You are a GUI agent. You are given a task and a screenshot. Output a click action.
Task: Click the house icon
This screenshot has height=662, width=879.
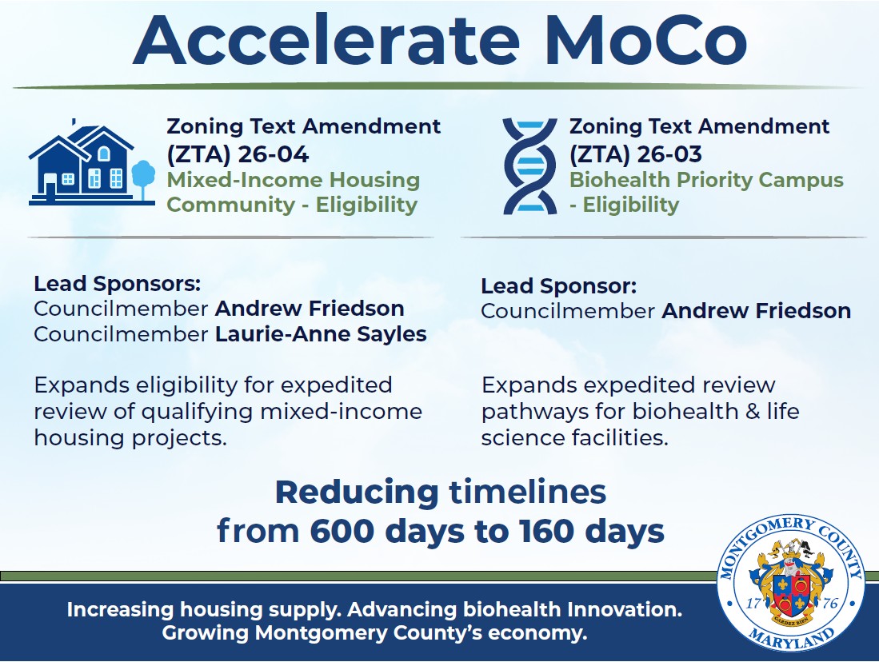[x=81, y=163]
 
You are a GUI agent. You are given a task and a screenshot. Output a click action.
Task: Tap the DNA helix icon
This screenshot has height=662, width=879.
[x=529, y=165]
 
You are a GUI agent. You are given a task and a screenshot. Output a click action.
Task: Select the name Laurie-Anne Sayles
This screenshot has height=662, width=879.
[x=321, y=334]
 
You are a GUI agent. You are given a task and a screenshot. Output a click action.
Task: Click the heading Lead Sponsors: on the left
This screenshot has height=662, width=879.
[x=117, y=284]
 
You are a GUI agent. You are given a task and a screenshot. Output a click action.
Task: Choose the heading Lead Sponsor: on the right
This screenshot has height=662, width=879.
[x=559, y=286]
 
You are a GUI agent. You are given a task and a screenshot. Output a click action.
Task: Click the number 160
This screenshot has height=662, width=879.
[x=534, y=531]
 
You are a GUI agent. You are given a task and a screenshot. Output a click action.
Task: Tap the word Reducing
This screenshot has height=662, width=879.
[x=357, y=493]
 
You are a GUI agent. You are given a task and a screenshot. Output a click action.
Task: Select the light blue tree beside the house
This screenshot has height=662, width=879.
[x=142, y=177]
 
